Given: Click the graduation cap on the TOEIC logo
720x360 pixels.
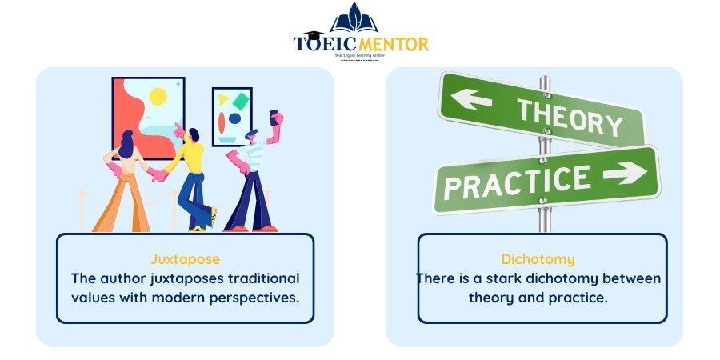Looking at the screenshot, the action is pyautogui.click(x=313, y=35).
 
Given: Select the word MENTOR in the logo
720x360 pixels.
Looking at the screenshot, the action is pyautogui.click(x=393, y=44).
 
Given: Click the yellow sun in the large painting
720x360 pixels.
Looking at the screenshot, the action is pyautogui.click(x=158, y=97).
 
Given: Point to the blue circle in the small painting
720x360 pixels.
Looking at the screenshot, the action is pyautogui.click(x=234, y=118).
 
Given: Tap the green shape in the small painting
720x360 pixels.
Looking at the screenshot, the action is pyautogui.click(x=241, y=101).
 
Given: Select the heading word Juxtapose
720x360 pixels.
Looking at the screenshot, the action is pyautogui.click(x=185, y=259).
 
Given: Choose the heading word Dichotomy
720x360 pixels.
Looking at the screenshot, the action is pyautogui.click(x=538, y=259).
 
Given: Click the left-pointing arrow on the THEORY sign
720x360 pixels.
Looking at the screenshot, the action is pyautogui.click(x=470, y=99).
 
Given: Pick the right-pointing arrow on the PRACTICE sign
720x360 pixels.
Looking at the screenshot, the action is pyautogui.click(x=625, y=173).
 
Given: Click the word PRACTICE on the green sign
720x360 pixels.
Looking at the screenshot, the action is pyautogui.click(x=517, y=182).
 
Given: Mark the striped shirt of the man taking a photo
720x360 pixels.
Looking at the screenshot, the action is pyautogui.click(x=252, y=156).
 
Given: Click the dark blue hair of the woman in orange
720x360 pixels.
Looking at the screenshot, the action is pyautogui.click(x=126, y=144).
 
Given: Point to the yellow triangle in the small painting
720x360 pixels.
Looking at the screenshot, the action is pyautogui.click(x=222, y=99).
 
